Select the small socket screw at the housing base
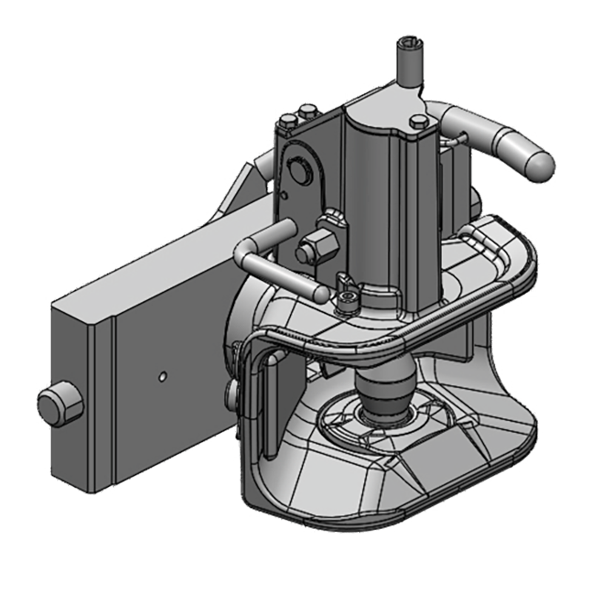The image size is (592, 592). (x=345, y=299)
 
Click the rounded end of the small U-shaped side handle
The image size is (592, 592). (x=320, y=293)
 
